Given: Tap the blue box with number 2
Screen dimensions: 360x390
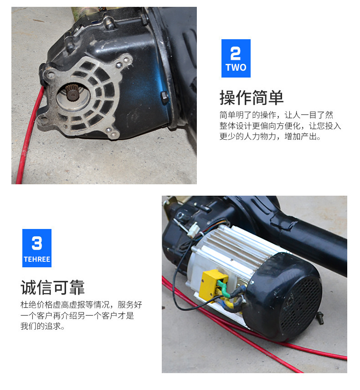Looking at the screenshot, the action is tap(236, 58).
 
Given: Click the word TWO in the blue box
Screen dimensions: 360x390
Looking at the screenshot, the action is tap(236, 68).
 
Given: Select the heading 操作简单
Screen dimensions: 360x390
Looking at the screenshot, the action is tap(252, 98).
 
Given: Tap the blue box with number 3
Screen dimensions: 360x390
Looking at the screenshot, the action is tap(37, 248).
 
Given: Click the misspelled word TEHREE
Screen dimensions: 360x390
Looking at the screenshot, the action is tap(37, 259).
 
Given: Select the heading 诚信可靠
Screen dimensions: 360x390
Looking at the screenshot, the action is tap(53, 287).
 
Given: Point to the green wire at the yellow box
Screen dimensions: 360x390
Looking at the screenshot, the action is tap(225, 289).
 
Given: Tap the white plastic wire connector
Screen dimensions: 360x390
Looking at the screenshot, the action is tap(193, 229).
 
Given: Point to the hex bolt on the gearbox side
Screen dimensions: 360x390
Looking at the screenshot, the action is tap(165, 97).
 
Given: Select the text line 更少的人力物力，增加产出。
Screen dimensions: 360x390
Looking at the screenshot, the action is tap(270, 136).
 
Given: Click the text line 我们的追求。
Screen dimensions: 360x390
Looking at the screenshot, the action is tap(42, 326).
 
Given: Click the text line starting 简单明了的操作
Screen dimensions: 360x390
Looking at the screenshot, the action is tap(276, 115).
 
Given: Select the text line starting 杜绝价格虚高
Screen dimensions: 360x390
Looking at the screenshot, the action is tap(81, 304).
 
